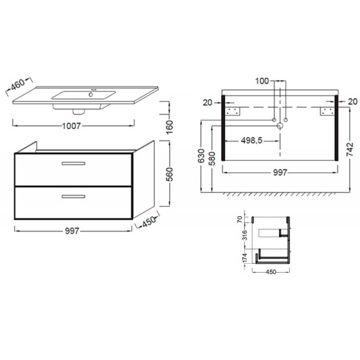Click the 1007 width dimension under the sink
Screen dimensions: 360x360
click(x=72, y=126)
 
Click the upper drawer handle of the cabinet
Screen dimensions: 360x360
click(x=73, y=163)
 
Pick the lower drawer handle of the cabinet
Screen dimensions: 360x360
click(x=73, y=197)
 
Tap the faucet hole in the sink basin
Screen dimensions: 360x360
click(x=91, y=94)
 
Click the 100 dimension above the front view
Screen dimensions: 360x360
click(x=262, y=81)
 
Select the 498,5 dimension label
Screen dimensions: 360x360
click(x=252, y=140)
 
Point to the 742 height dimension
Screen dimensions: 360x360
click(x=350, y=149)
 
